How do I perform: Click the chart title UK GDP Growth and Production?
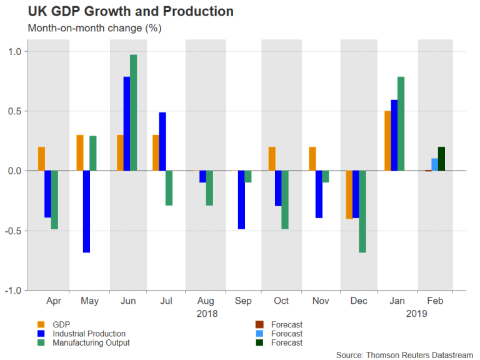[122, 12]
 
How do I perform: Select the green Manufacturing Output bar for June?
[133, 112]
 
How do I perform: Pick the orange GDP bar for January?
[388, 141]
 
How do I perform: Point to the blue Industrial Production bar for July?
[162, 141]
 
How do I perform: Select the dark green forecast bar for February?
[441, 159]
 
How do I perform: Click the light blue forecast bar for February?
[434, 164]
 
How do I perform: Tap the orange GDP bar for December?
[349, 194]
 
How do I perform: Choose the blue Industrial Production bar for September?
[242, 199]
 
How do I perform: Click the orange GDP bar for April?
[41, 159]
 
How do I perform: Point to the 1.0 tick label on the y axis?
[13, 51]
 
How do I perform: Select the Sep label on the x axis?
[242, 301]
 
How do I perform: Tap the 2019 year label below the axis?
[414, 313]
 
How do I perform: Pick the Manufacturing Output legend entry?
[91, 342]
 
